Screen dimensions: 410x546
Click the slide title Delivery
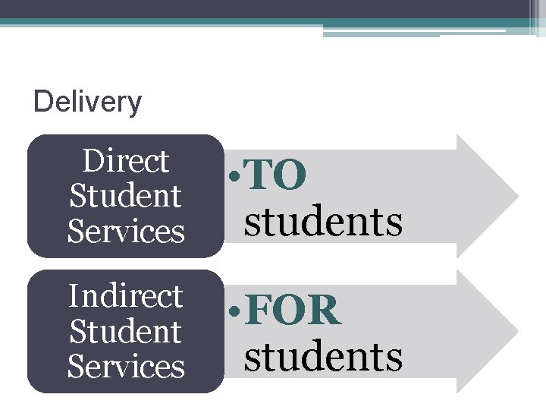[x=88, y=102]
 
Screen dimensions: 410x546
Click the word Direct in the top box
[x=126, y=161]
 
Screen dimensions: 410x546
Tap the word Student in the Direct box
[x=126, y=196]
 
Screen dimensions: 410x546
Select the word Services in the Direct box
[x=126, y=231]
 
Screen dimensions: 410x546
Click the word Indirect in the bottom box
[x=126, y=295]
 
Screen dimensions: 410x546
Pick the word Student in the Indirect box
[x=126, y=331]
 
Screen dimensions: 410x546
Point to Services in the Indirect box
[x=126, y=366]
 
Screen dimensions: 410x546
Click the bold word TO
[x=277, y=176]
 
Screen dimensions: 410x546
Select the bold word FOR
[x=294, y=311]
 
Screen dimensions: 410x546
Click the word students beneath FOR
[x=323, y=356]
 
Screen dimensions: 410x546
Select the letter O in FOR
[x=293, y=311]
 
